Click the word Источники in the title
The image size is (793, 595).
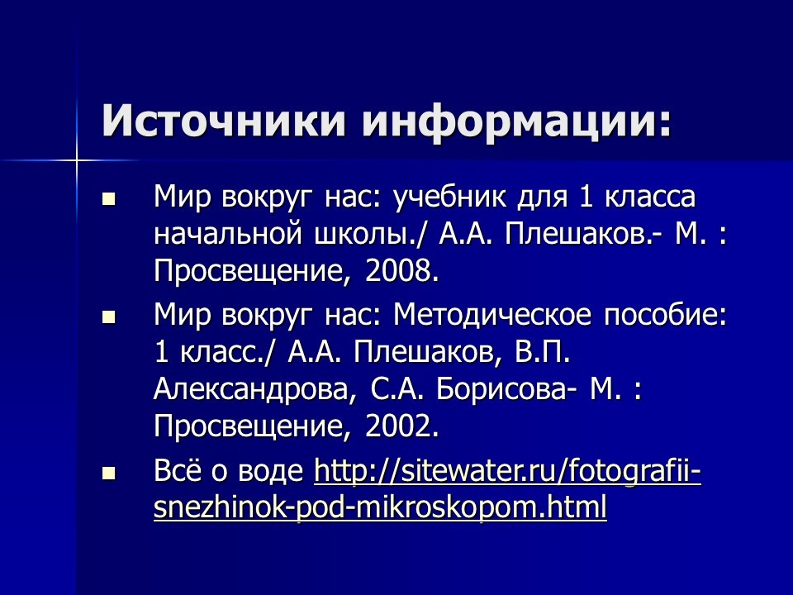click(x=224, y=121)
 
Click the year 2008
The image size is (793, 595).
click(x=401, y=271)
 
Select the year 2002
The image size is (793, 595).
click(x=401, y=426)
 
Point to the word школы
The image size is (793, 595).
click(x=371, y=234)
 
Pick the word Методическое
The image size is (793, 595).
click(x=492, y=314)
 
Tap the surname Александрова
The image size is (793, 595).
click(x=251, y=389)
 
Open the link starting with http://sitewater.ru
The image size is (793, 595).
click(x=508, y=471)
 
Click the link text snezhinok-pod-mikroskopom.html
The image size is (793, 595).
click(x=380, y=507)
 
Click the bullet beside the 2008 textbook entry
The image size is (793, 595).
click(x=108, y=198)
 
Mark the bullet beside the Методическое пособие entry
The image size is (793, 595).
click(x=108, y=317)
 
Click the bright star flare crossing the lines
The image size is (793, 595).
click(x=76, y=161)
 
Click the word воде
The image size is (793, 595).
click(x=271, y=471)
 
